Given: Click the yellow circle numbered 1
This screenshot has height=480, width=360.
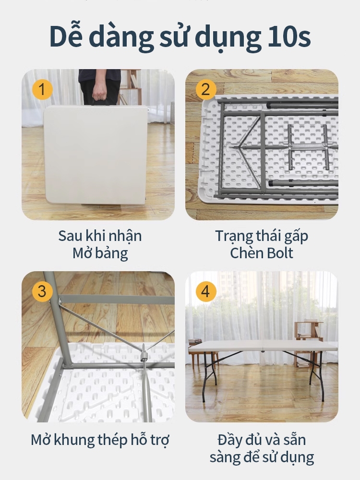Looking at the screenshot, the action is click(42, 89).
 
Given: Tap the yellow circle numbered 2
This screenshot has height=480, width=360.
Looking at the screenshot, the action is click(206, 89).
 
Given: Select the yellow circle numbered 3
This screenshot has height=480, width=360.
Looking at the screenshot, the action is click(42, 291).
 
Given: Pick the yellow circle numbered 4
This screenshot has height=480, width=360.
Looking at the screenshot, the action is click(206, 291).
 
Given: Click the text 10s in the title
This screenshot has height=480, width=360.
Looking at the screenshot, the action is click(289, 36).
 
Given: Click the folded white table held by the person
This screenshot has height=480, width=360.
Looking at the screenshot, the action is click(96, 155).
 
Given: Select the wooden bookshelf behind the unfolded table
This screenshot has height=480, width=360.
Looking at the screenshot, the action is click(308, 342).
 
